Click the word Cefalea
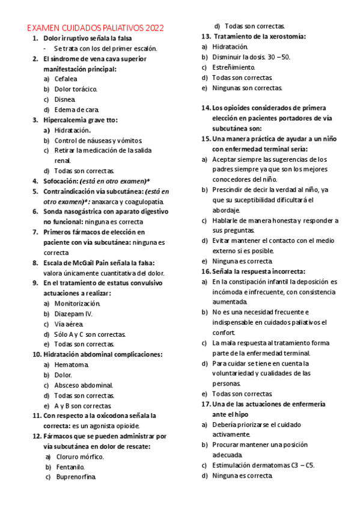coord(66,79)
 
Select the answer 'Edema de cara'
coord(76,109)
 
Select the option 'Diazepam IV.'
coord(73,313)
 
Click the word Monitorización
coord(78,303)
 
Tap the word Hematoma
coord(72,364)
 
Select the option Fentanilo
coord(70,467)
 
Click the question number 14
coord(206,108)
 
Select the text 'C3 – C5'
coord(301,465)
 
